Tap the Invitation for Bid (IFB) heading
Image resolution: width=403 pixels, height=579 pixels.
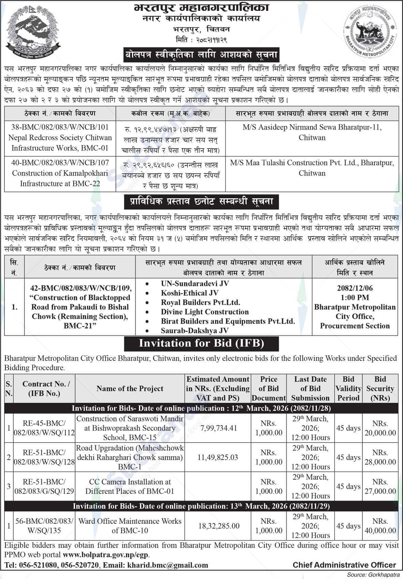click(x=201, y=343)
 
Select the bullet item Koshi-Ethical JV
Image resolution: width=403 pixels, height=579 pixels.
click(x=189, y=293)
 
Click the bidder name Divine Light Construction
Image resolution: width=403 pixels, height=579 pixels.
click(x=205, y=312)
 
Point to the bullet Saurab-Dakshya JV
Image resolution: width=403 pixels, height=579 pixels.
click(x=195, y=331)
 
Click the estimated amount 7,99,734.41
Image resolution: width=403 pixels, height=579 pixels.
click(x=217, y=428)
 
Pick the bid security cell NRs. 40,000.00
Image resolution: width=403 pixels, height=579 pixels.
click(x=380, y=526)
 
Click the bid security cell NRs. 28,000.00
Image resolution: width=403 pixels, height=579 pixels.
click(x=380, y=458)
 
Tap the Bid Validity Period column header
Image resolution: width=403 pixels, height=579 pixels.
click(x=348, y=389)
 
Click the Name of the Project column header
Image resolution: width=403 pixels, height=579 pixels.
click(x=130, y=389)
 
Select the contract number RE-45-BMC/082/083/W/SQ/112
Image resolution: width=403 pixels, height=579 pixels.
click(x=44, y=428)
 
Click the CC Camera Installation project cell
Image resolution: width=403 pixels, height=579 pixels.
click(x=130, y=487)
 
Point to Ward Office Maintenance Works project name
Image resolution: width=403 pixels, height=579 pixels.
click(x=130, y=526)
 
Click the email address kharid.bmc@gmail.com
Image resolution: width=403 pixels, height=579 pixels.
click(x=168, y=565)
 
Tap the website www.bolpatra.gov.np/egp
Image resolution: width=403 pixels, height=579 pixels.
click(x=106, y=555)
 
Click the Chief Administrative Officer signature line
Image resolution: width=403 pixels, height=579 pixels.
click(x=344, y=565)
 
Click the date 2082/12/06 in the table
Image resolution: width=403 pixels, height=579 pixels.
click(x=355, y=288)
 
